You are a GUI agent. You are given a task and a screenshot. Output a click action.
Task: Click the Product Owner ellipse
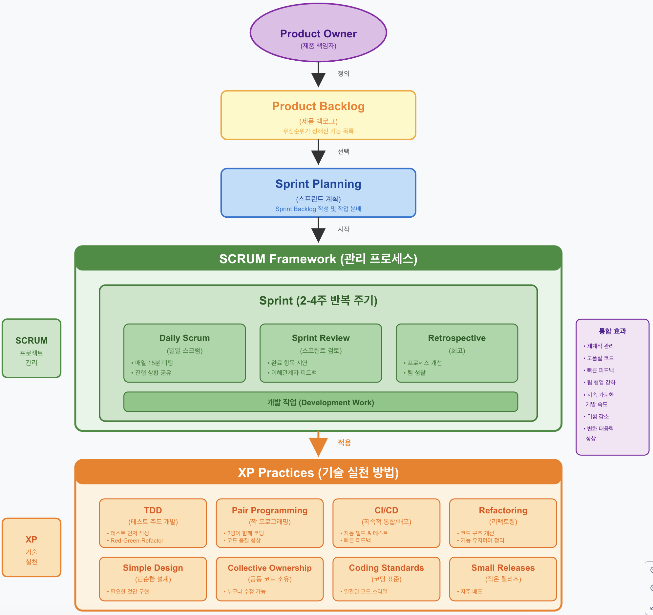(318, 32)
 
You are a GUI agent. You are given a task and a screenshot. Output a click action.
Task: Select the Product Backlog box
(318, 115)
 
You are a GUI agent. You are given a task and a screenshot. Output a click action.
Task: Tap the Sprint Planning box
(318, 193)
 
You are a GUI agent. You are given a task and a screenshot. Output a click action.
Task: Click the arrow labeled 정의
(318, 74)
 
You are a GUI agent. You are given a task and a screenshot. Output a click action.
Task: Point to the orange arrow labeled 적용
(318, 444)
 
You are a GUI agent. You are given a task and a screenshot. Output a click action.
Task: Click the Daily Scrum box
(185, 353)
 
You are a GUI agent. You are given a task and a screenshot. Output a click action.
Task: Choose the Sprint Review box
(321, 353)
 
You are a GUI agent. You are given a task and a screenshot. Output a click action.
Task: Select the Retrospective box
(457, 353)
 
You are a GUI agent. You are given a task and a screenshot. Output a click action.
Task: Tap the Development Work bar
(321, 402)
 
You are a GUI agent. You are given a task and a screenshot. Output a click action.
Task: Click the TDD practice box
(153, 523)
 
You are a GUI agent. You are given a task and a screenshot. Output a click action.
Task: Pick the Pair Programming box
(270, 523)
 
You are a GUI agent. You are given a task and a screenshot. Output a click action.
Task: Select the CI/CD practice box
(386, 523)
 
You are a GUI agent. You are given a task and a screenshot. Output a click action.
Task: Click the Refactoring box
(503, 523)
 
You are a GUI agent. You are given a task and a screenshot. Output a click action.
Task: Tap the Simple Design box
(153, 579)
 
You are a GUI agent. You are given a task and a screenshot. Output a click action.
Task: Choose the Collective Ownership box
(270, 579)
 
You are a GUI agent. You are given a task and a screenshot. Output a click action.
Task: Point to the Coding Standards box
(386, 579)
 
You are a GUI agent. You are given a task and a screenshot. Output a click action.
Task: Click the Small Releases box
(503, 579)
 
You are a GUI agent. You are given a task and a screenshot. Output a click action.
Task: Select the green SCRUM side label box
(32, 348)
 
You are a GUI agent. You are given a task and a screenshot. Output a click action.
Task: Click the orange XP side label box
(32, 547)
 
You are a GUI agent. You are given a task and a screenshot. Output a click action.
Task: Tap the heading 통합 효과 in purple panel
(612, 331)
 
